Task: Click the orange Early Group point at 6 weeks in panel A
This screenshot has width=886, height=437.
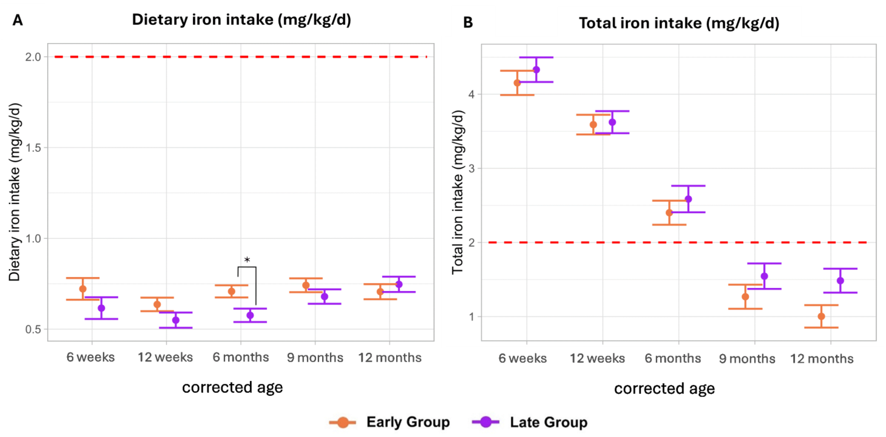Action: [83, 289]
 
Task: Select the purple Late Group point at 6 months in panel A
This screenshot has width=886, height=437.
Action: [250, 315]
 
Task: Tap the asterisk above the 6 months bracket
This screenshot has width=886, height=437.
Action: [247, 260]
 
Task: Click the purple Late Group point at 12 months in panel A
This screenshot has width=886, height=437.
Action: [399, 284]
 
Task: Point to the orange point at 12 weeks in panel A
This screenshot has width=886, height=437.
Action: [157, 304]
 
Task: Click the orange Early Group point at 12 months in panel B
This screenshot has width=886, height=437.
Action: [821, 316]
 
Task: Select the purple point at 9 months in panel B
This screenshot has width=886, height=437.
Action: [764, 276]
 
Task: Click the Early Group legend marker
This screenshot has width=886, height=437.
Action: [343, 422]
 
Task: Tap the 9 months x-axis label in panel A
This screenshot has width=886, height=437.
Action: [315, 358]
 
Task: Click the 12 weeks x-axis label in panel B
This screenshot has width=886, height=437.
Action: [597, 358]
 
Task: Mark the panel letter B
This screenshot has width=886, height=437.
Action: [468, 23]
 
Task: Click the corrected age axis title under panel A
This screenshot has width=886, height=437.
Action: [233, 387]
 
